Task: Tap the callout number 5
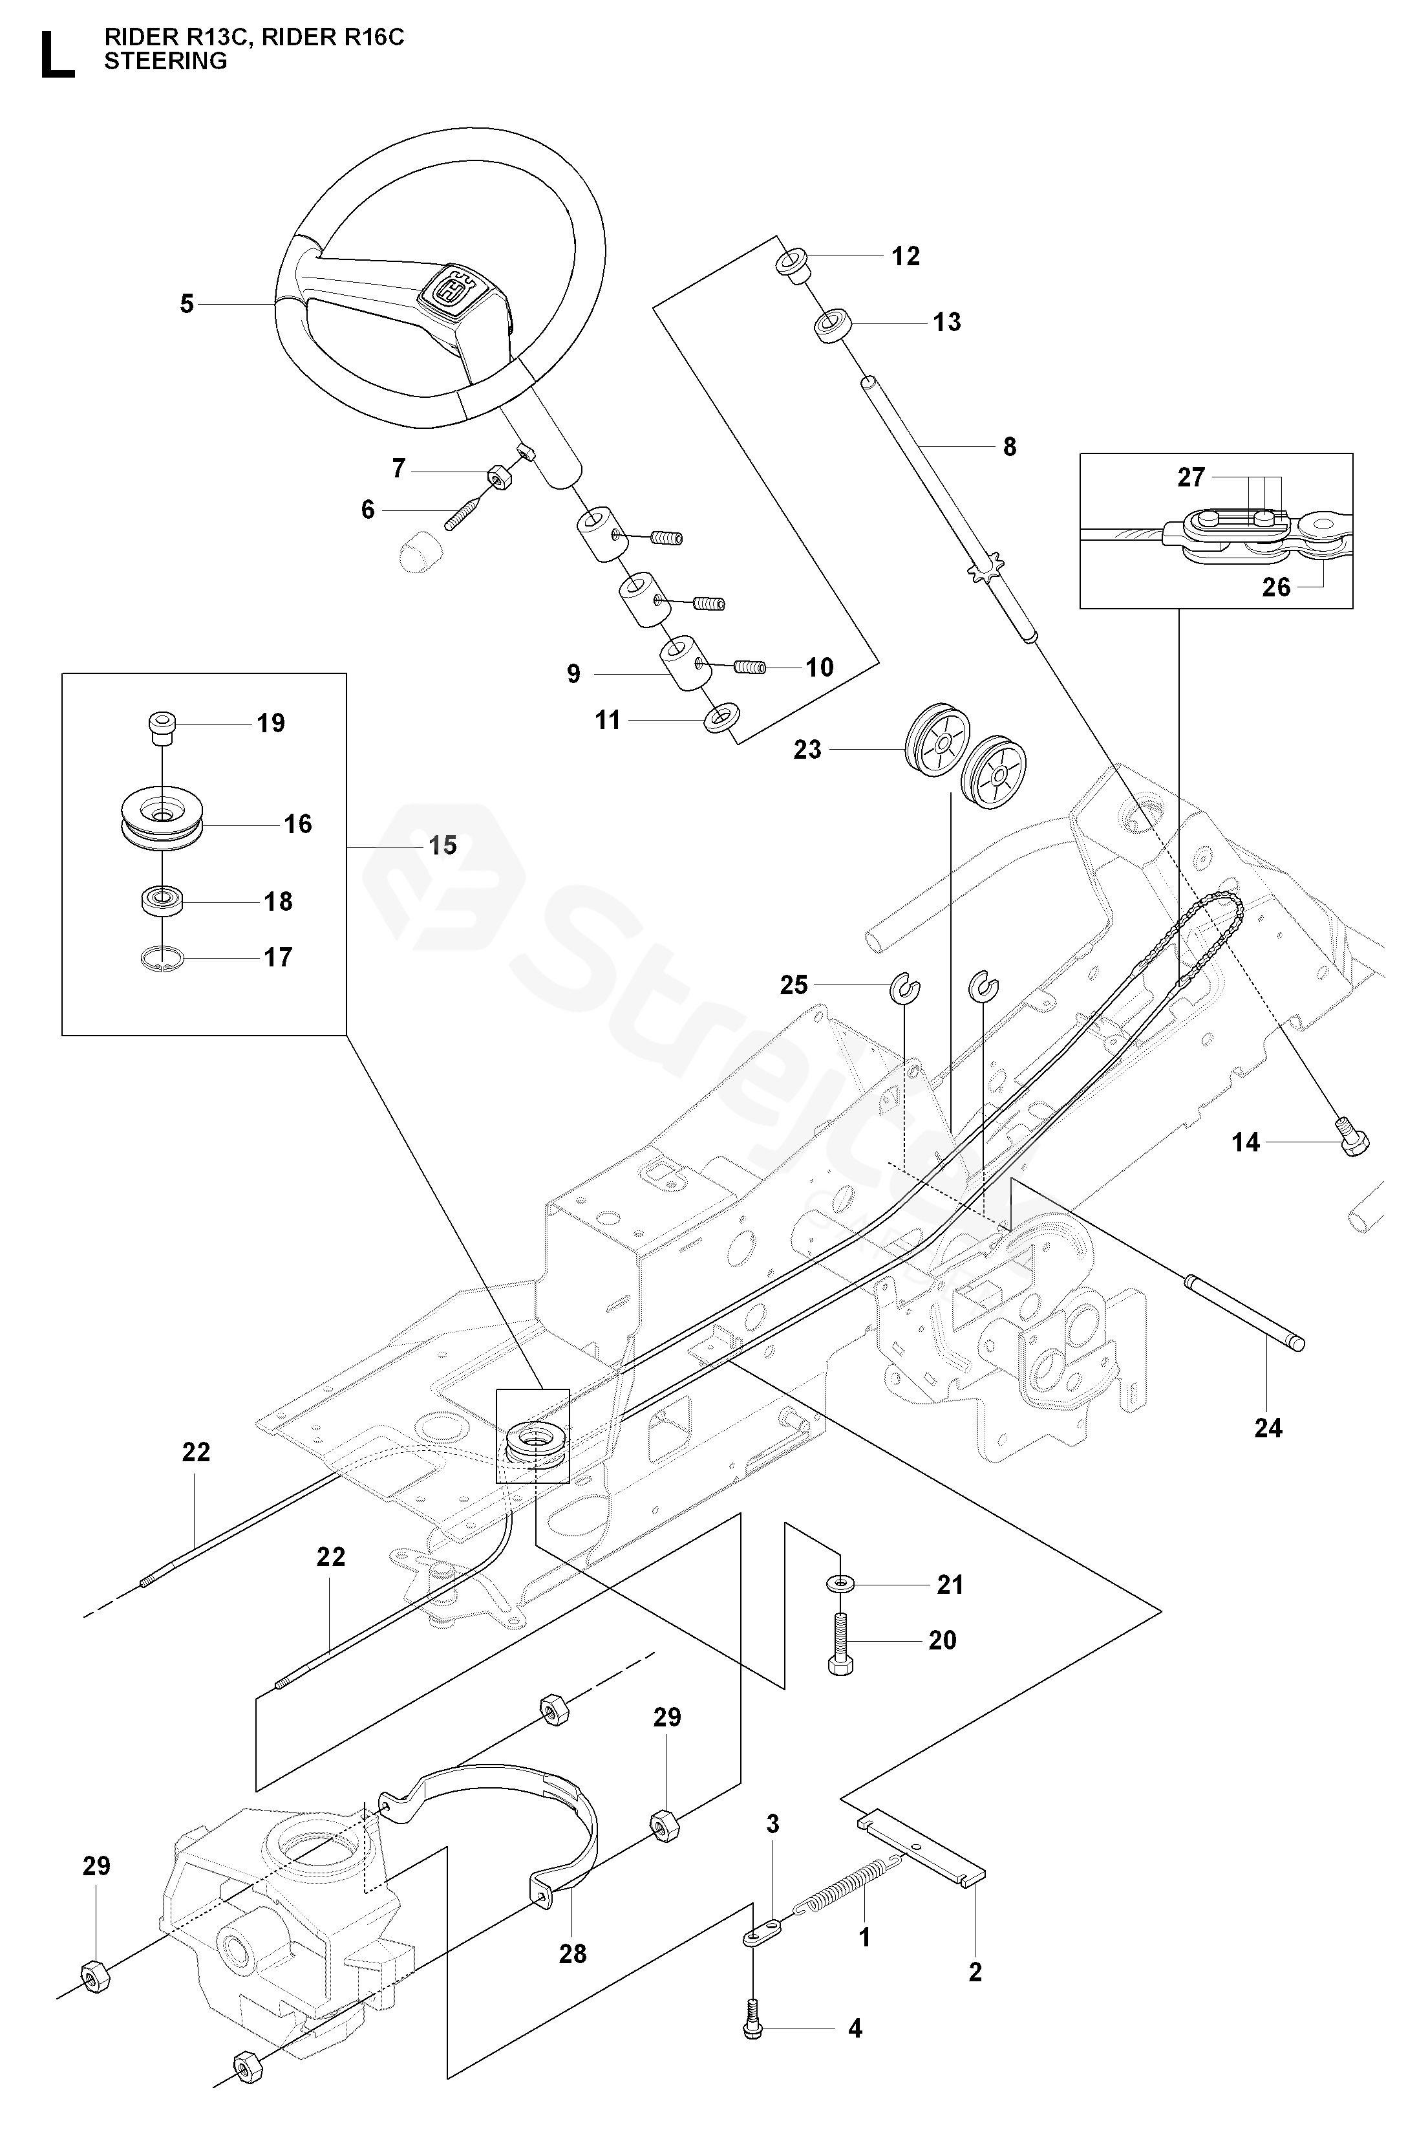coord(187,303)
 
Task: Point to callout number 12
coord(905,256)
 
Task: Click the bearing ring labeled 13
coord(831,325)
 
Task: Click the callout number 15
coord(443,845)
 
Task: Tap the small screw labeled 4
coord(752,2028)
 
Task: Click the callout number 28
coord(573,1953)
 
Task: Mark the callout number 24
coord(1268,1428)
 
